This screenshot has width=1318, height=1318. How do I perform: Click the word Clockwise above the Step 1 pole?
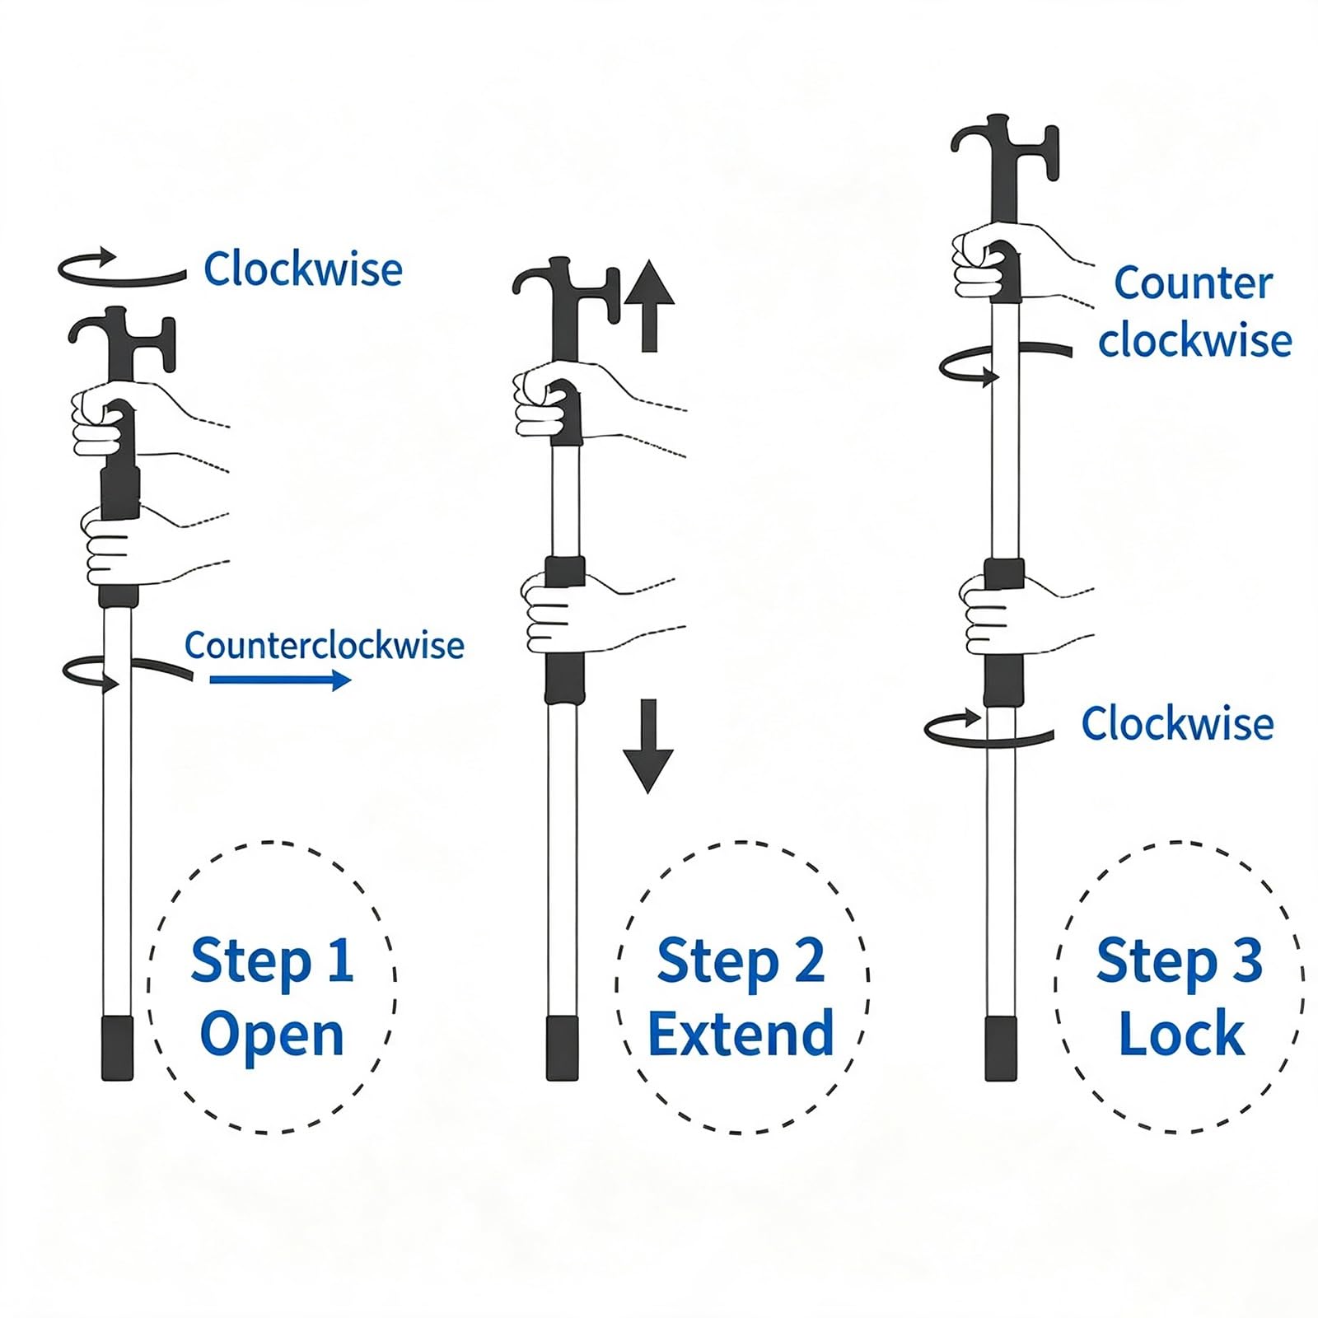point(303,269)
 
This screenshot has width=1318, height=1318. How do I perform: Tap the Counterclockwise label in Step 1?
point(325,645)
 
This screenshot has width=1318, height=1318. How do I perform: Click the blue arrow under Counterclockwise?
point(280,680)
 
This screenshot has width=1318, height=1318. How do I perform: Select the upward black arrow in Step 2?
point(649,306)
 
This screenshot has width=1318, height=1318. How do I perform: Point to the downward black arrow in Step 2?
point(649,746)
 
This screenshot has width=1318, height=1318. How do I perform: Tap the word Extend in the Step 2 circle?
point(741,1034)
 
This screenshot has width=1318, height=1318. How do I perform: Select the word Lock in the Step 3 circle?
point(1181,1034)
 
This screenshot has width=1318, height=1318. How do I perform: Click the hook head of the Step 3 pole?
point(1003,157)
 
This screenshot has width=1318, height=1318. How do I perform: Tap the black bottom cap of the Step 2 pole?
point(563,1048)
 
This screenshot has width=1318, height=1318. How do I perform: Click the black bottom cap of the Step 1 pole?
point(117,1048)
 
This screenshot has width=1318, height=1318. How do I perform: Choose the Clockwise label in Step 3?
point(1177,723)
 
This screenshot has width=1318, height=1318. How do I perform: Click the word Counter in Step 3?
point(1194,283)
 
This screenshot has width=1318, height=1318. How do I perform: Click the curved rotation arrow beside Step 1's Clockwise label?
point(122,268)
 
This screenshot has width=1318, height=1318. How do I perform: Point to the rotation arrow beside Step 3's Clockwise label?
point(988,728)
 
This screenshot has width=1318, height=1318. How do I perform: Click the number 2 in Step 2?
point(809,960)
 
